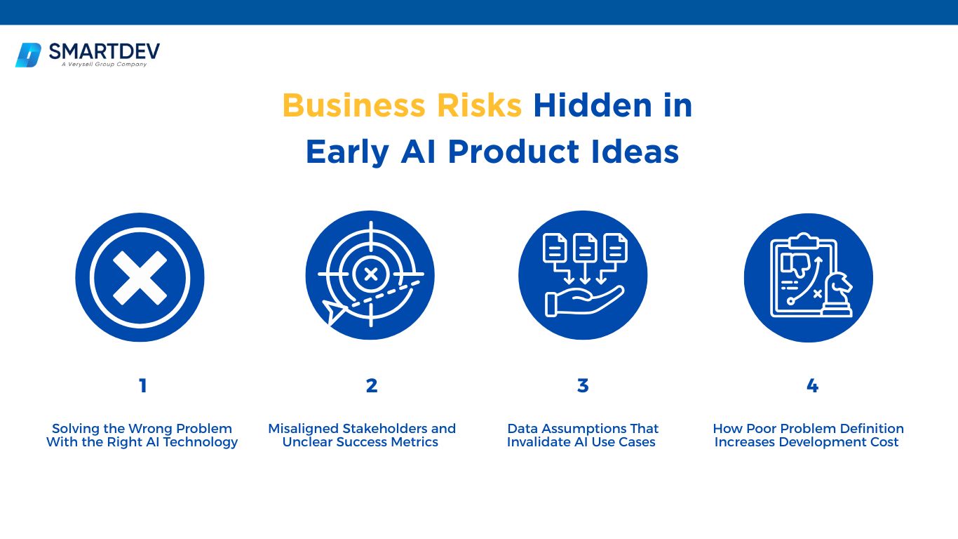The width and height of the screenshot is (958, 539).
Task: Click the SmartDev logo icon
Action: (x=29, y=55)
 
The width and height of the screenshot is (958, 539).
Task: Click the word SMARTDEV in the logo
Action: (x=104, y=51)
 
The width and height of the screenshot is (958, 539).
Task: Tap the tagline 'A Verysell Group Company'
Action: (x=104, y=65)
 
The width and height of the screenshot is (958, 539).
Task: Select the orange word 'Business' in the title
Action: (x=353, y=105)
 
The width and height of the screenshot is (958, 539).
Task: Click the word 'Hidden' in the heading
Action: (x=593, y=105)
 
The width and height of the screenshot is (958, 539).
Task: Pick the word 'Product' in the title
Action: (x=513, y=152)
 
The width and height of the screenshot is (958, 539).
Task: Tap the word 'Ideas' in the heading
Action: (x=635, y=152)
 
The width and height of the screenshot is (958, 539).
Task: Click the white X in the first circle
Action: (x=140, y=277)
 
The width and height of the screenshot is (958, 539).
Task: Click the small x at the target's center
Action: (x=371, y=274)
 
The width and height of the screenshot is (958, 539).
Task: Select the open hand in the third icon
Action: (x=583, y=301)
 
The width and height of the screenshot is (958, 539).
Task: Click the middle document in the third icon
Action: (x=585, y=248)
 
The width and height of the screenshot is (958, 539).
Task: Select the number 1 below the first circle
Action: (x=143, y=386)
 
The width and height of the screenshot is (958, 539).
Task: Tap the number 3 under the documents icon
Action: (x=583, y=386)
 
